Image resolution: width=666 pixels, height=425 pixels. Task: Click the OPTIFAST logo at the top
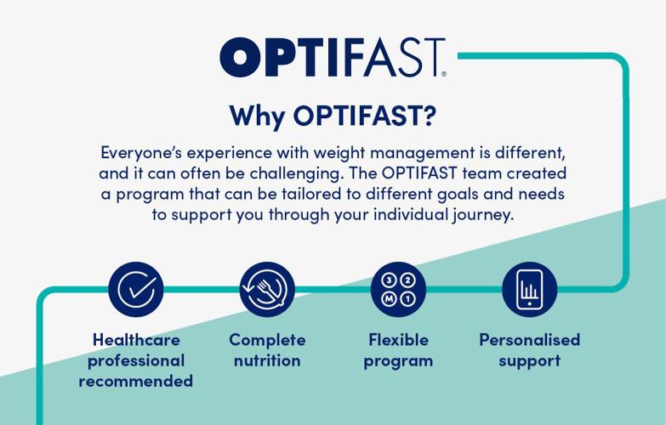(332, 56)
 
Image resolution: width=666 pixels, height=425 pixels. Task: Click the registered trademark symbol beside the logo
(443, 75)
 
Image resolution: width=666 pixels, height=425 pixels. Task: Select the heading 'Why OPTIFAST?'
(333, 114)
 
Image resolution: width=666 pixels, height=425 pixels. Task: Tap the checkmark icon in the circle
(136, 288)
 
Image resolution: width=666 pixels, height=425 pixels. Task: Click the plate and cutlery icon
(266, 288)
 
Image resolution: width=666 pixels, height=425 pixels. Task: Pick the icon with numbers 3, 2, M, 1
(398, 288)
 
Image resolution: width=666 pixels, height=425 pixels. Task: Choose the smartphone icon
(529, 288)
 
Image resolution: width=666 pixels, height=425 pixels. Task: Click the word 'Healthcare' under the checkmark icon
(136, 340)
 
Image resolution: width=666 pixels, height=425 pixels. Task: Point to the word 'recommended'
(136, 381)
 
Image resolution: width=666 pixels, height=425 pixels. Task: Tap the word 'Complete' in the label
(267, 340)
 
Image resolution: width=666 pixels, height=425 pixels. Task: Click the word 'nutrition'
(267, 360)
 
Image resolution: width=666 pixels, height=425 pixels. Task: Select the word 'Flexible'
(398, 340)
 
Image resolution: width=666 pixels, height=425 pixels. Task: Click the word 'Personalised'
(529, 340)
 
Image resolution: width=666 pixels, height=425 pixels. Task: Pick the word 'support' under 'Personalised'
(529, 360)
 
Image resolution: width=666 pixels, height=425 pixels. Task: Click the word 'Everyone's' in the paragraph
(143, 153)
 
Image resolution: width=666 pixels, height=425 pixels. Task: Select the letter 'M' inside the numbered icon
(388, 298)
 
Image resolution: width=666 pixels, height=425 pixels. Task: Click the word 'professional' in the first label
(136, 360)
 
